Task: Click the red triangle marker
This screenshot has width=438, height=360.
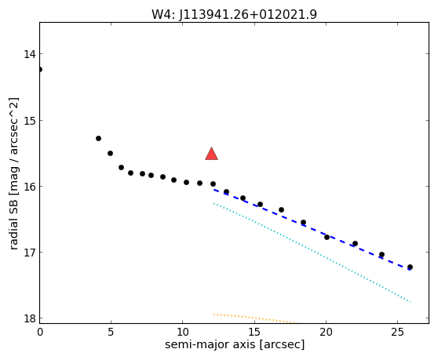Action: pyautogui.click(x=211, y=155)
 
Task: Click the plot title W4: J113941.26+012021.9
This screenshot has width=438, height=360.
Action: pyautogui.click(x=234, y=14)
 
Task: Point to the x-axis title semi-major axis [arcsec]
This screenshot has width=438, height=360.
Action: pyautogui.click(x=235, y=344)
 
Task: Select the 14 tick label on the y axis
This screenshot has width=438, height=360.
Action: pyautogui.click(x=29, y=54)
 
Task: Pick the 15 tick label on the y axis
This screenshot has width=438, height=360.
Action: pyautogui.click(x=29, y=121)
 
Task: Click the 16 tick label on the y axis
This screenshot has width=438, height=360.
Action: pyautogui.click(x=29, y=187)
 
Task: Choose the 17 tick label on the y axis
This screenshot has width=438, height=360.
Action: pyautogui.click(x=29, y=253)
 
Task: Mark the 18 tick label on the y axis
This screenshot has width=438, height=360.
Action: pyautogui.click(x=29, y=318)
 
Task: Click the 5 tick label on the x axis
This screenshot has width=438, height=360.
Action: pyautogui.click(x=111, y=332)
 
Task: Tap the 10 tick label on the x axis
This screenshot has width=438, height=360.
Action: pyautogui.click(x=183, y=332)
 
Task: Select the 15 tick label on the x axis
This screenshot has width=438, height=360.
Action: pyautogui.click(x=254, y=332)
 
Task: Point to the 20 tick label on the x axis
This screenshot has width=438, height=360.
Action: pyautogui.click(x=326, y=332)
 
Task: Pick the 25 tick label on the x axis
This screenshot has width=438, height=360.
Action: pyautogui.click(x=397, y=332)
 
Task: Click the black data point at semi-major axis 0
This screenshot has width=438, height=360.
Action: pyautogui.click(x=40, y=69)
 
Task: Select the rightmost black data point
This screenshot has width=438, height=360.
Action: pyautogui.click(x=410, y=267)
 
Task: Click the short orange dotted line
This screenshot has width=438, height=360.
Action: pyautogui.click(x=256, y=318)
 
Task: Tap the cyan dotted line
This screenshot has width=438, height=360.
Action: pyautogui.click(x=312, y=253)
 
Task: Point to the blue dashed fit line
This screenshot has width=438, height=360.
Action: pyautogui.click(x=312, y=230)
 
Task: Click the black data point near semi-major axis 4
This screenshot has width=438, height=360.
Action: pyautogui.click(x=98, y=138)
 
